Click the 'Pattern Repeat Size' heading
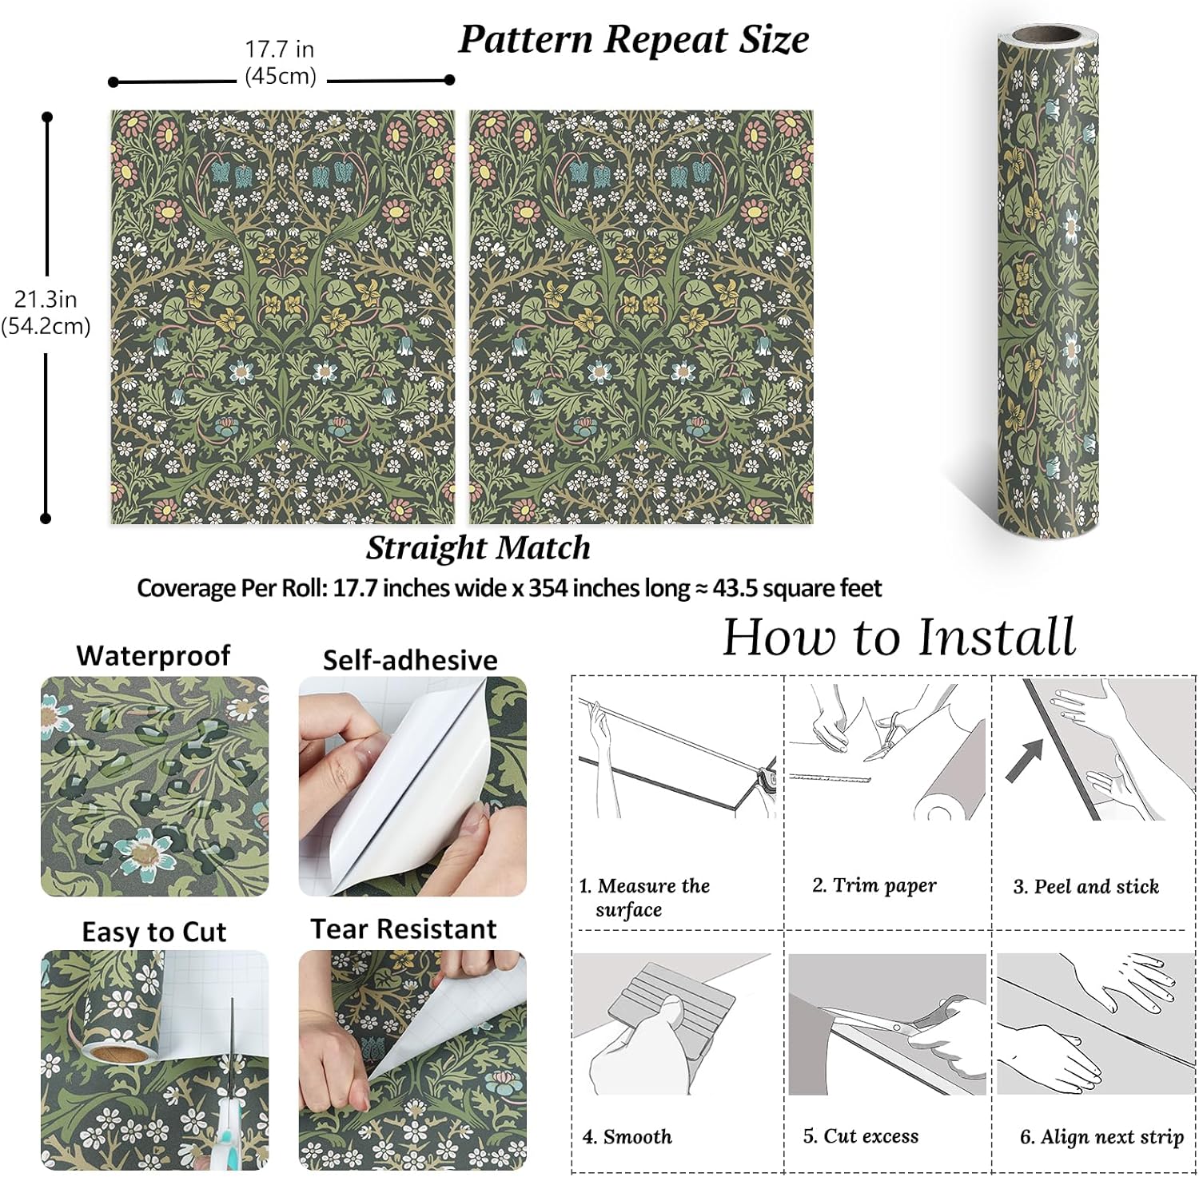633,40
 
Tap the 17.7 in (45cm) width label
280,62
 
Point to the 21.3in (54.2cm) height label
46,312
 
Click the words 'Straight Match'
478,548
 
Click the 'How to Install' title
899,638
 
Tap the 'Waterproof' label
153,656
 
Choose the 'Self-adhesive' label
410,660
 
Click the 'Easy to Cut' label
153,932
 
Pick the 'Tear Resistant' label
404,929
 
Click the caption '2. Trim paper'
874,885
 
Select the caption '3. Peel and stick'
1086,887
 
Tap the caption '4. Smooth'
627,1137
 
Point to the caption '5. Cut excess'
861,1136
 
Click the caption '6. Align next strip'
1101,1137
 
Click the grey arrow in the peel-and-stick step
1026,760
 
